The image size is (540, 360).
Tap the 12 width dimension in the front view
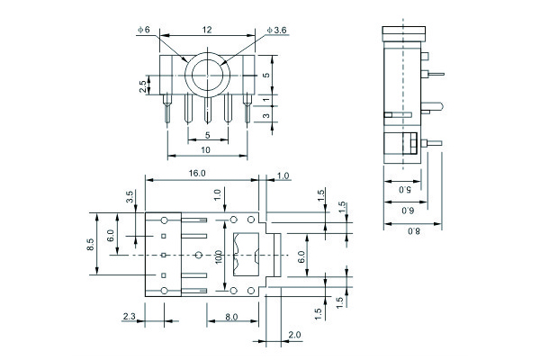tap(207, 30)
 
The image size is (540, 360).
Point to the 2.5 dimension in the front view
tap(142, 86)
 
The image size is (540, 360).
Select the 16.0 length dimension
tap(198, 173)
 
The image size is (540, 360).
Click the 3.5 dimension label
tap(130, 197)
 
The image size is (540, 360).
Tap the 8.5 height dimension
tap(91, 245)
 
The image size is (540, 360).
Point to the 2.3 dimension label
tap(129, 316)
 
